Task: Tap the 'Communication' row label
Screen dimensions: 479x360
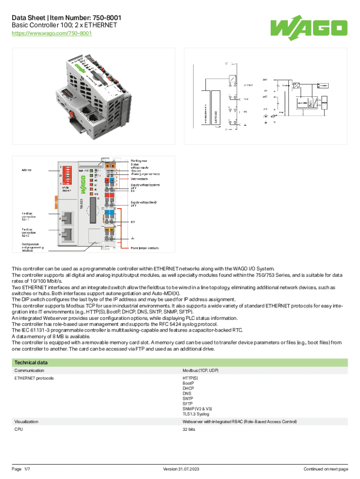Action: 29,370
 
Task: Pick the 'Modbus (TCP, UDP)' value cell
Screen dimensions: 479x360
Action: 201,370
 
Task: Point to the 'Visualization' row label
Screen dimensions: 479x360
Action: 27,421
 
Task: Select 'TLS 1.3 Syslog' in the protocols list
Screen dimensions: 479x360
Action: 196,414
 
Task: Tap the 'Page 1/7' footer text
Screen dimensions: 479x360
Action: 21,469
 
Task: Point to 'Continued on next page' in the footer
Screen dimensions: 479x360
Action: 326,469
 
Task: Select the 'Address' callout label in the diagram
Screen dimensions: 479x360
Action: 27,170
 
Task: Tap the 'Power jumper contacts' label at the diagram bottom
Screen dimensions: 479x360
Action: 144,248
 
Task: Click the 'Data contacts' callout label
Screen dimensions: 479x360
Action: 140,179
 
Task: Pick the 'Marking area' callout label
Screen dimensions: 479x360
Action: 139,160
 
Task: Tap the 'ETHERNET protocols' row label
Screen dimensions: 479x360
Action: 34,377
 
